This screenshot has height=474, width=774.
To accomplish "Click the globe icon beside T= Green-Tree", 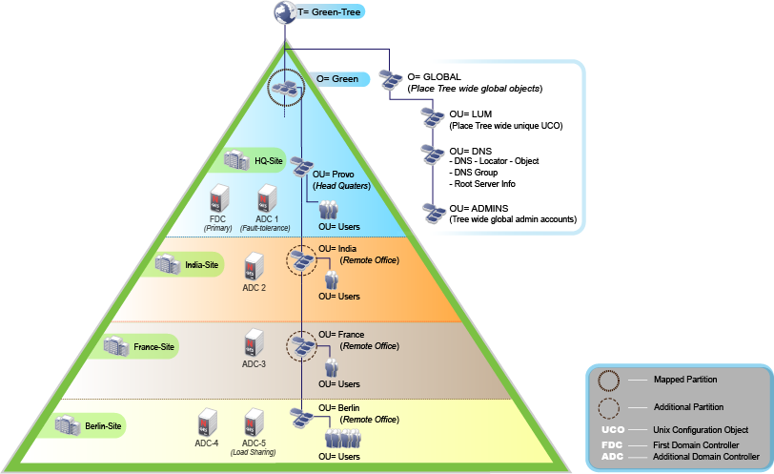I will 285,12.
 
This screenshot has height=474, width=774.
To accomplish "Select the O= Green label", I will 337,79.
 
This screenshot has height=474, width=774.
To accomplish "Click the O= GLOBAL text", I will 434,76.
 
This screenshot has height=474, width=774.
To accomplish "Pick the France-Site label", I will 153,346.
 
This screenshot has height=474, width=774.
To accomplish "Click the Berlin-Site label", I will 100,424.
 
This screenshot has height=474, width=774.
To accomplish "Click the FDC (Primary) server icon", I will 219,198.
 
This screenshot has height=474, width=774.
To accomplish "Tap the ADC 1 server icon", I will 266,198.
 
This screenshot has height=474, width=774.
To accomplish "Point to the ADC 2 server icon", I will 254,266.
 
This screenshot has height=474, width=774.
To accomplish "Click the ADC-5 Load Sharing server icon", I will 254,423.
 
